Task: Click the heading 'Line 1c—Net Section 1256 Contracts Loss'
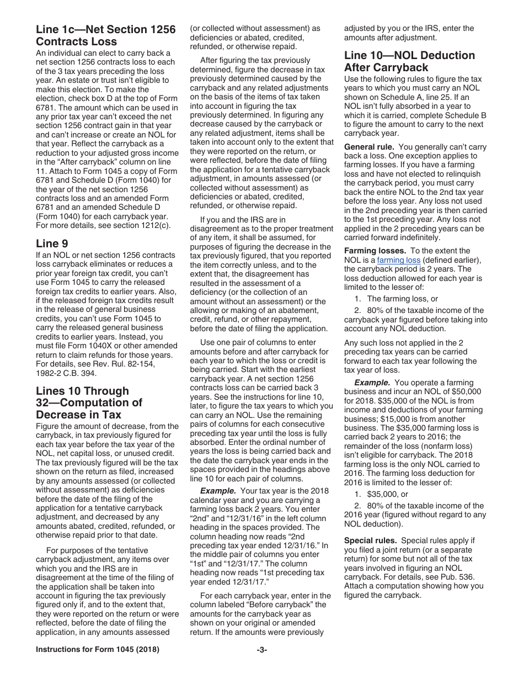pos(105,35)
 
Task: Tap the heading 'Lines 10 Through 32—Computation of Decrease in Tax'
pos(89,402)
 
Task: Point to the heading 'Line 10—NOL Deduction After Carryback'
pos(409,61)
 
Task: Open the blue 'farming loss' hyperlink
pos(398,260)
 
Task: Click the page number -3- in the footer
pos(261,650)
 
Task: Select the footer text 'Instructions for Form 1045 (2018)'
pos(97,650)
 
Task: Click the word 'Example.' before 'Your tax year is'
pos(218,491)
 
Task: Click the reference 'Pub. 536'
pos(456,577)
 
